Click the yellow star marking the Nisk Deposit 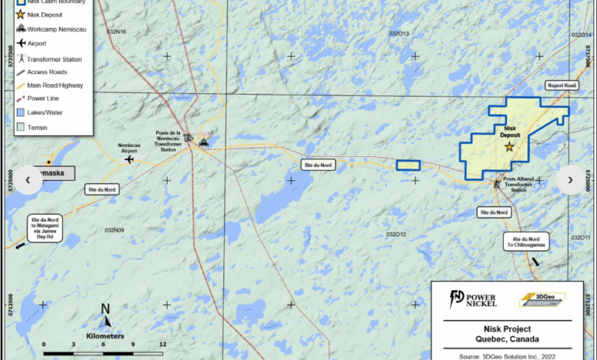[509, 146]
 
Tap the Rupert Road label [561, 87]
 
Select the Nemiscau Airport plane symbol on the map [130, 159]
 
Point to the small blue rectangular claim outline [408, 165]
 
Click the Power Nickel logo [474, 299]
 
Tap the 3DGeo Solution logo [544, 299]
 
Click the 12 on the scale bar [162, 345]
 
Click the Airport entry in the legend [36, 44]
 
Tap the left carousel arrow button [28, 180]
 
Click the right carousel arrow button [569, 180]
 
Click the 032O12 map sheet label [396, 234]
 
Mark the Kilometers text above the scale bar [106, 335]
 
